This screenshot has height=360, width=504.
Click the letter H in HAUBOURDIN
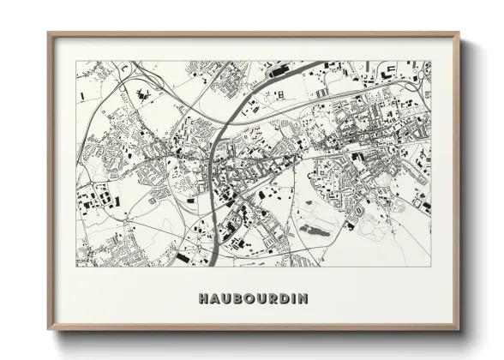click(x=202, y=299)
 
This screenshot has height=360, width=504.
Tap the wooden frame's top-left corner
click(x=49, y=33)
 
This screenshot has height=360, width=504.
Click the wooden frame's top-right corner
click(x=459, y=33)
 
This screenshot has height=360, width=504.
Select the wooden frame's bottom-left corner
click(x=49, y=330)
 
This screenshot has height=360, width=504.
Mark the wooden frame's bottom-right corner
click(x=459, y=330)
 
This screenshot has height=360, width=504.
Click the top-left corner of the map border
click(x=76, y=61)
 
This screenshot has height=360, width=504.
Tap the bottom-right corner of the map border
click(x=431, y=267)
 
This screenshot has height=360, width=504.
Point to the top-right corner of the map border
click(x=431, y=61)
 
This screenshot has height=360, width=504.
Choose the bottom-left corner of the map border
click(x=76, y=267)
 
